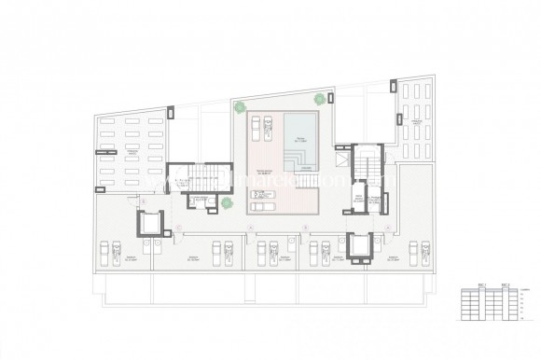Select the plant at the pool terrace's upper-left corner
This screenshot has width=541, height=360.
[241, 105]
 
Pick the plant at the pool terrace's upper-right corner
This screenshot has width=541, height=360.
[319, 97]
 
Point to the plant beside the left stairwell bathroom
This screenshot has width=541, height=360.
[225, 202]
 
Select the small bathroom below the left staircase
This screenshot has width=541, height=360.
[198, 200]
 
